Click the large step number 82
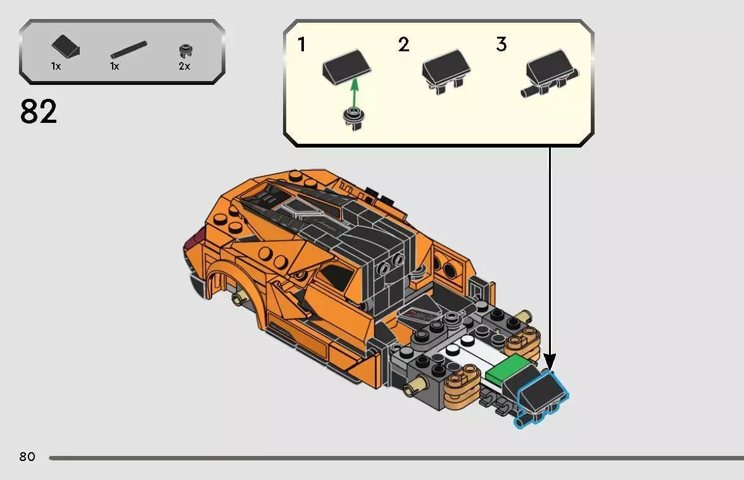pyautogui.click(x=39, y=111)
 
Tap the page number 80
pyautogui.click(x=27, y=457)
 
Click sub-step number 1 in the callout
pyautogui.click(x=302, y=45)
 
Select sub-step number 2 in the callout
pyautogui.click(x=403, y=45)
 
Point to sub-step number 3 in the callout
pyautogui.click(x=501, y=45)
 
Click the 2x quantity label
pyautogui.click(x=184, y=66)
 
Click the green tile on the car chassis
pyautogui.click(x=510, y=370)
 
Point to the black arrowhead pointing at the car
pyautogui.click(x=549, y=363)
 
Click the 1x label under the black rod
pyautogui.click(x=115, y=66)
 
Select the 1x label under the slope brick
pyautogui.click(x=56, y=66)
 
